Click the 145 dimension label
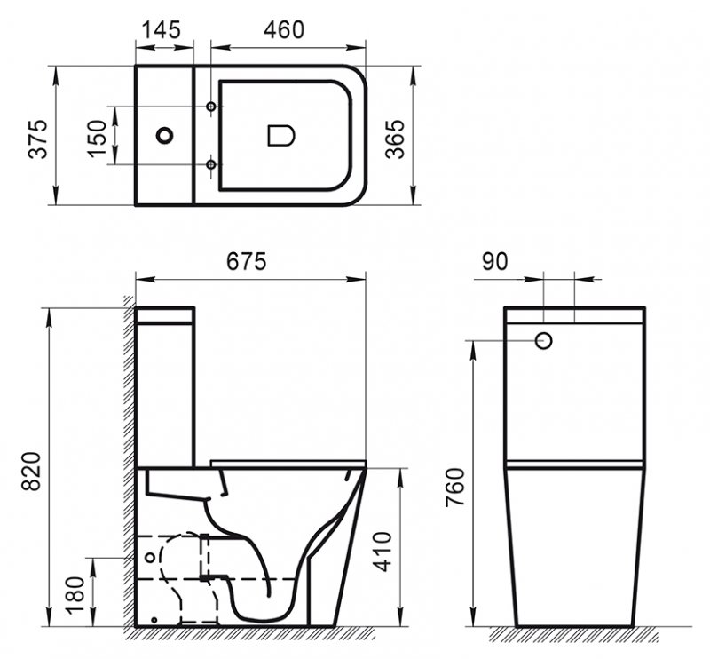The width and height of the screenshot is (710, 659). pyautogui.click(x=162, y=30)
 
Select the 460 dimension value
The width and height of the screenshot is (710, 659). pyautogui.click(x=284, y=30)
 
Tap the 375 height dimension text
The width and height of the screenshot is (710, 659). pyautogui.click(x=38, y=139)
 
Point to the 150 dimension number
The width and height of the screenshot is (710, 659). pyautogui.click(x=97, y=139)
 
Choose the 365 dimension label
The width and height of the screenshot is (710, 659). pyautogui.click(x=395, y=139)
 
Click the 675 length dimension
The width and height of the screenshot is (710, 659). pyautogui.click(x=247, y=261)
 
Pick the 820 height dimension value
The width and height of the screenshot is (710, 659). pyautogui.click(x=32, y=471)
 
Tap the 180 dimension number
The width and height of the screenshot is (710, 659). pyautogui.click(x=75, y=595)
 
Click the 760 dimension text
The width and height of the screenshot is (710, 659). pyautogui.click(x=455, y=488)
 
